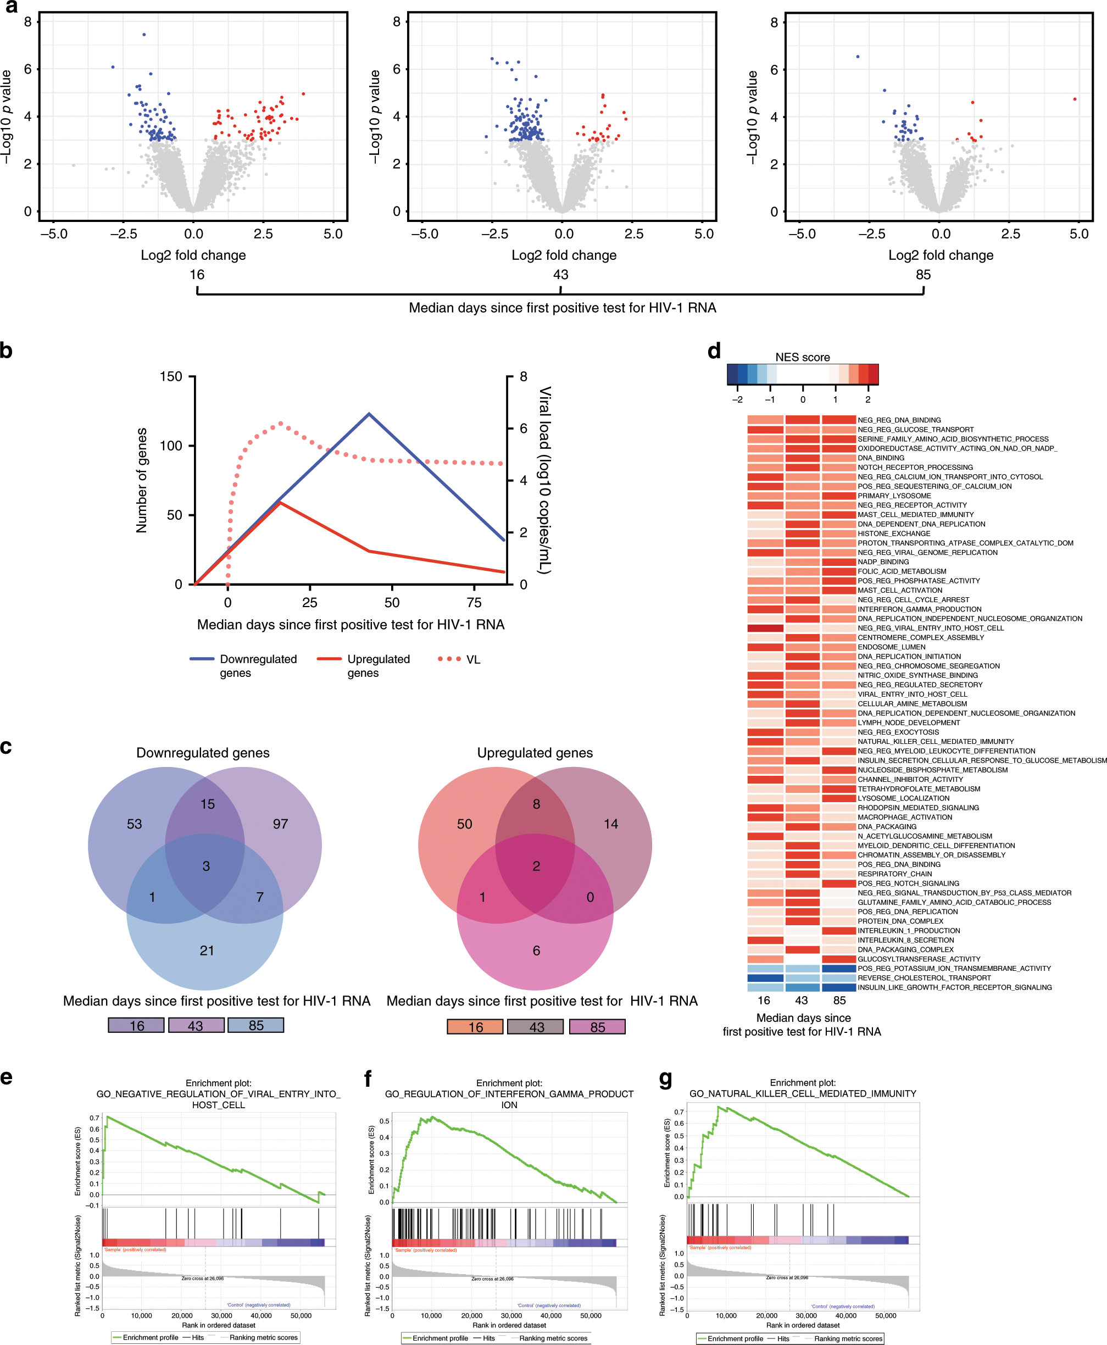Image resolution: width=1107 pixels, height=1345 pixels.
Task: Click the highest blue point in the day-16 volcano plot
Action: click(144, 35)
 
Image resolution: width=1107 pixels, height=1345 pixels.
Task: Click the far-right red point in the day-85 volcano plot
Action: click(1075, 99)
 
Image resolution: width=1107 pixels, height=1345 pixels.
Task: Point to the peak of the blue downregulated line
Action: click(369, 414)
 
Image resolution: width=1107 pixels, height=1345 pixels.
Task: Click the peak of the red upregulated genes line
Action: click(280, 503)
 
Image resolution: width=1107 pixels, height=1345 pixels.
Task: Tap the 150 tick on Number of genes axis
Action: click(171, 376)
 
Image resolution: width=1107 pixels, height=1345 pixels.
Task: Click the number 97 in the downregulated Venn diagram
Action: click(280, 824)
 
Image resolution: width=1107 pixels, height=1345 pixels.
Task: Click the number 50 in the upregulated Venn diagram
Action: click(464, 824)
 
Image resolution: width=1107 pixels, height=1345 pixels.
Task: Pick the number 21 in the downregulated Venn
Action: click(207, 951)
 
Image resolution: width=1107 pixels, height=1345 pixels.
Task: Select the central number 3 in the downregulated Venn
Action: click(206, 866)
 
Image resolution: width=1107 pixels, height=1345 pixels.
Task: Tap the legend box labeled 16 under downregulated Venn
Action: click(136, 1025)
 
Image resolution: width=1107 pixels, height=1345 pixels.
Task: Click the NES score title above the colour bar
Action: click(802, 357)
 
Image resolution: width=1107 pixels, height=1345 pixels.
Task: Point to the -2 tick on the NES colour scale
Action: click(737, 399)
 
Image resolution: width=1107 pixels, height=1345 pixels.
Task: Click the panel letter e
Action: click(7, 1077)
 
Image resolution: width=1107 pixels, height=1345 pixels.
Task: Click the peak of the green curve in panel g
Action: click(719, 1107)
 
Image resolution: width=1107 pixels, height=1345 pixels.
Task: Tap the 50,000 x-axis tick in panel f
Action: click(591, 1315)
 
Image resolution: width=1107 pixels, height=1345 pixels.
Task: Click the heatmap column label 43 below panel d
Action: click(802, 1001)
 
